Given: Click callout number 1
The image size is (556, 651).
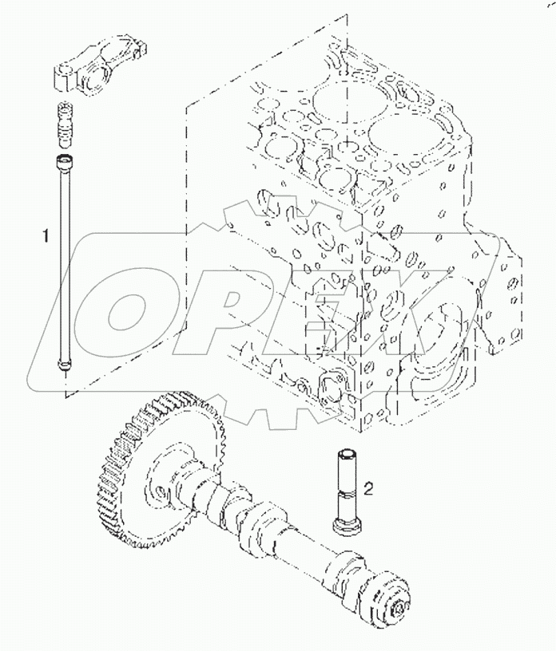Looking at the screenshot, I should [x=46, y=236].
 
